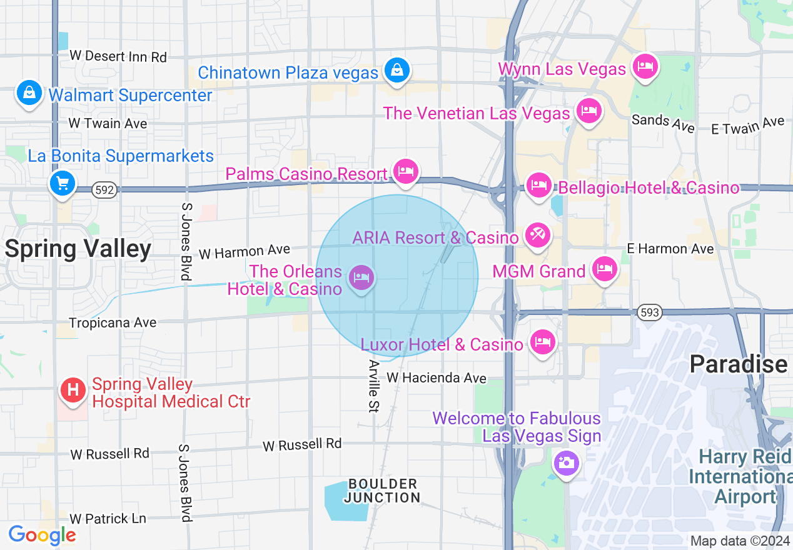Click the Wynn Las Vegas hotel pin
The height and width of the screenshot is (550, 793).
click(645, 66)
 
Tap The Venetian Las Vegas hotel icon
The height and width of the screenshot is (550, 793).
click(588, 111)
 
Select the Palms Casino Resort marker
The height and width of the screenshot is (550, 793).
click(406, 171)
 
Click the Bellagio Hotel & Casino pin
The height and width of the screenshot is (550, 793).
click(538, 185)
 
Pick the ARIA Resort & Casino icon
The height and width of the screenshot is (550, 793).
click(537, 236)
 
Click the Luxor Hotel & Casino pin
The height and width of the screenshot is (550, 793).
click(542, 342)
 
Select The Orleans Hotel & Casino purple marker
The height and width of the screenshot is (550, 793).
click(361, 277)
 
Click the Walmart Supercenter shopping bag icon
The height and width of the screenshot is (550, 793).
click(29, 93)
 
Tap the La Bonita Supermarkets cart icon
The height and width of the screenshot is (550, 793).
click(63, 184)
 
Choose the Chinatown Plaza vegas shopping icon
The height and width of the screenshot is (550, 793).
click(396, 70)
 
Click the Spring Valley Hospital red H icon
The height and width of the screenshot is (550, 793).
click(73, 391)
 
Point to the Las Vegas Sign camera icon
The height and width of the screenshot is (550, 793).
click(567, 463)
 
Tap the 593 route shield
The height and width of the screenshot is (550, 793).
click(650, 312)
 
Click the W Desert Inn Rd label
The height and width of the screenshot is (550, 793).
click(118, 56)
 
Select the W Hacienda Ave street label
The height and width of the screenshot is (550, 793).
click(436, 377)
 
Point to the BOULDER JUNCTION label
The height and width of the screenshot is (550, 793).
click(383, 491)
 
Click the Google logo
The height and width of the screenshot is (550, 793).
click(42, 535)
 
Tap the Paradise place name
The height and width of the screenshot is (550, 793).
click(738, 364)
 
